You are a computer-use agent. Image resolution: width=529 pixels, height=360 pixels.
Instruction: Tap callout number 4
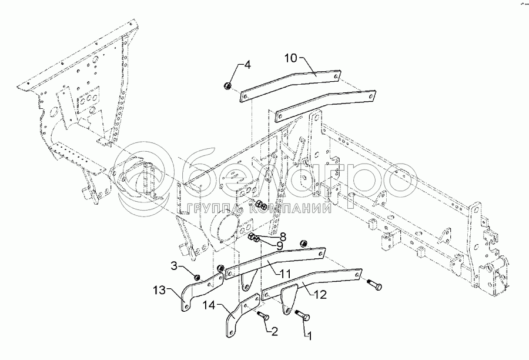coord(247,65)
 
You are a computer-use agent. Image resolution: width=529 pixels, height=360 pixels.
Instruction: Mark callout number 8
coord(283,236)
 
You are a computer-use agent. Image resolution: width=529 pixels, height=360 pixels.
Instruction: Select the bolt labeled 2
coord(263,318)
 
